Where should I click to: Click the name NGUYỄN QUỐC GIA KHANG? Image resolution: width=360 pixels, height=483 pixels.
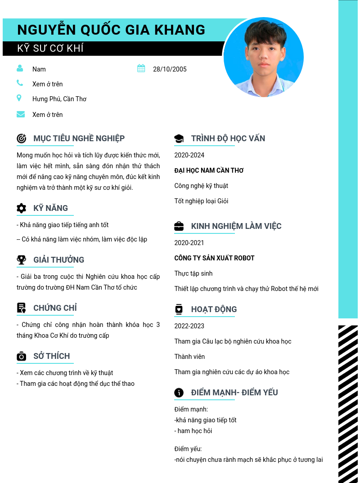click(111, 30)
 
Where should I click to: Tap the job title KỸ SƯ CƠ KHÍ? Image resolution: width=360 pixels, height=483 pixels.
click(50, 49)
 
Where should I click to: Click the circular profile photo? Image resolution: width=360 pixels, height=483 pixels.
click(263, 58)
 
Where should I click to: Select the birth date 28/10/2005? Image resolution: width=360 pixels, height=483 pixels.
click(170, 69)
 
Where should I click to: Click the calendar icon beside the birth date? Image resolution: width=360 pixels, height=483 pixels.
click(141, 68)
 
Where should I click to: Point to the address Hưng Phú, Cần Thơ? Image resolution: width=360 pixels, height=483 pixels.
click(59, 99)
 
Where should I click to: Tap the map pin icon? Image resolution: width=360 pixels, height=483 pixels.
click(19, 98)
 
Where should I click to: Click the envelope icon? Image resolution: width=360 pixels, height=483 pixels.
click(21, 114)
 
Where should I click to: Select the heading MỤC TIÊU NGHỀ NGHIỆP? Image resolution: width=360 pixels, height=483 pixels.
click(79, 139)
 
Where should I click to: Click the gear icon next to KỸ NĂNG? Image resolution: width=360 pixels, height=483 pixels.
click(21, 208)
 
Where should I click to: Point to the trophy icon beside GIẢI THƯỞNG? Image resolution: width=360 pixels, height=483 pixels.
click(21, 260)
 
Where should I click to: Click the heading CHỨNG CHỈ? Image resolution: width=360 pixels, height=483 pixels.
click(55, 308)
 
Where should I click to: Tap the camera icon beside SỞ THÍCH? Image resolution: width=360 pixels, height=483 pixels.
click(21, 357)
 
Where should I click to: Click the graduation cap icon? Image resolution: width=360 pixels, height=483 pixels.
click(179, 139)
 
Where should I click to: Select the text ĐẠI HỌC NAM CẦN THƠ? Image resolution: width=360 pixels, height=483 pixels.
click(209, 170)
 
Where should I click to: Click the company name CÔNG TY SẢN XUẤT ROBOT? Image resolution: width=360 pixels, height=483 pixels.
click(214, 258)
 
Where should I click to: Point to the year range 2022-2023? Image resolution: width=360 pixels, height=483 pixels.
click(189, 326)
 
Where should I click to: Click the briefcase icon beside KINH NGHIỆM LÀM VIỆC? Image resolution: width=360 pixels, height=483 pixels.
click(179, 226)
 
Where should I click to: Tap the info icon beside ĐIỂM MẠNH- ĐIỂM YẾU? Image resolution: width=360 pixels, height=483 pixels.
click(179, 393)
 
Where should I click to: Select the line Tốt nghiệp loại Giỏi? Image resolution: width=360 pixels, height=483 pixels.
click(201, 201)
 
